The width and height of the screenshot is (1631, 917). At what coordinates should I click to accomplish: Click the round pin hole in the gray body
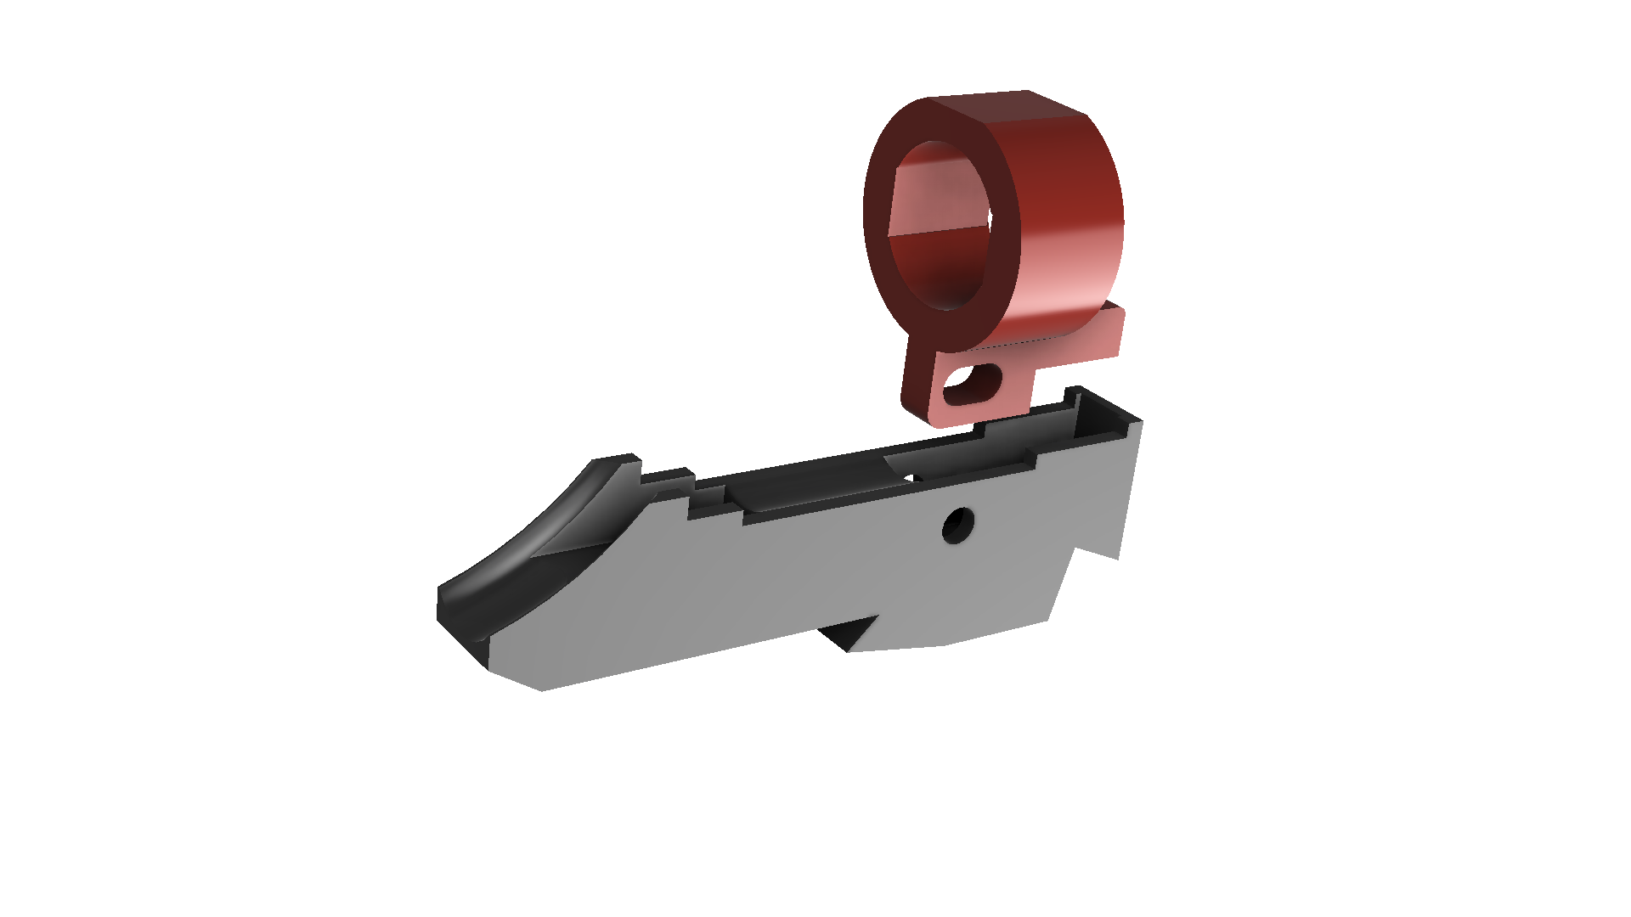click(958, 526)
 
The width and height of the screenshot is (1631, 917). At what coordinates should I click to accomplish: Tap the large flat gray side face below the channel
click(765, 577)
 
